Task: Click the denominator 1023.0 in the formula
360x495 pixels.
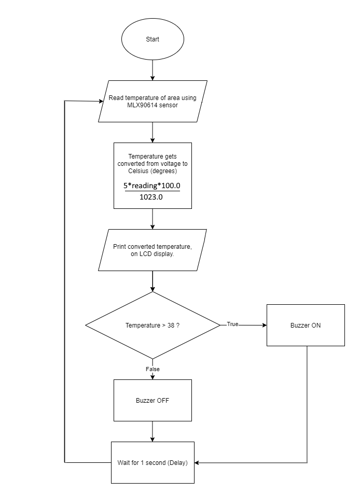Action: tap(151, 197)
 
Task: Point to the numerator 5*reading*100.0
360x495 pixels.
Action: tap(151, 186)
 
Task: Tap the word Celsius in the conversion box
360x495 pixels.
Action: tap(138, 171)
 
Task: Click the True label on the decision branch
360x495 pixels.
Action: tap(232, 324)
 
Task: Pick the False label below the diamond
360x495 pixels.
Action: tap(153, 369)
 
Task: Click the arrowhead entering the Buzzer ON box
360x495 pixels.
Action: tap(265, 325)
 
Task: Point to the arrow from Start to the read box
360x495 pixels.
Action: tap(153, 70)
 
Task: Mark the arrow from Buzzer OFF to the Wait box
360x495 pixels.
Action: tap(153, 431)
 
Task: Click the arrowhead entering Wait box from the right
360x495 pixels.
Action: tap(197, 463)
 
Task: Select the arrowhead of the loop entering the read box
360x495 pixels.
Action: tap(101, 102)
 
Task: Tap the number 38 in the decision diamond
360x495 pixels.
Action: tap(171, 326)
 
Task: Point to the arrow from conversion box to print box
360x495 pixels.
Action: tap(153, 219)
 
